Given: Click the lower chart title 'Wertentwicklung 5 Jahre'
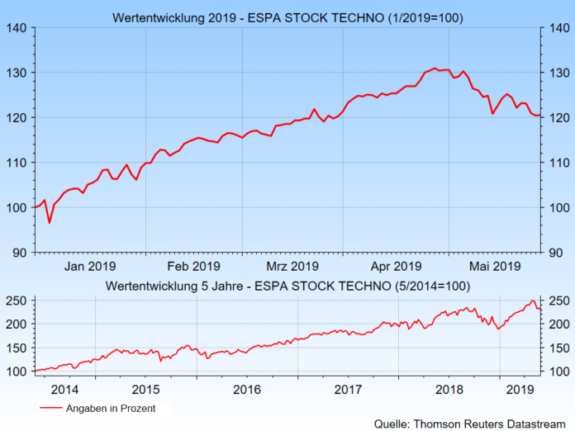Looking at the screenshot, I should (287, 286).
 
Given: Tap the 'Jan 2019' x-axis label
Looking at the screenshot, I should (90, 266).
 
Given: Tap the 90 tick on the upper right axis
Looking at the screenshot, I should (558, 252).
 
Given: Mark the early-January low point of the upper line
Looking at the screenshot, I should (49, 223).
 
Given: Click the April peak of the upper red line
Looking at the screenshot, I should (435, 69).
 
